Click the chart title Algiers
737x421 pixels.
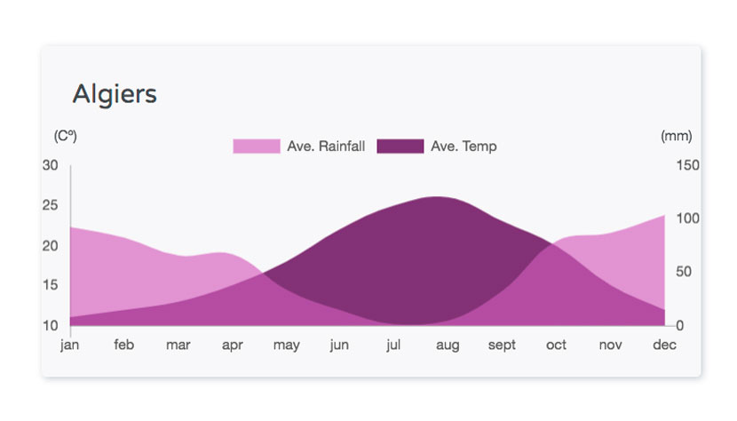point(115,94)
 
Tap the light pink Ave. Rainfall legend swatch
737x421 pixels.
point(257,147)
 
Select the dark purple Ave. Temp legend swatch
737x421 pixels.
point(400,147)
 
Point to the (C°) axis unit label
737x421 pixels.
point(66,136)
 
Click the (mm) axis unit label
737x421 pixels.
point(677,136)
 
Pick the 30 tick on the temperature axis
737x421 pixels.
point(51,165)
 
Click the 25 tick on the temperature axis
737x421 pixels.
point(51,205)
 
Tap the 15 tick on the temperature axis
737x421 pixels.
point(51,285)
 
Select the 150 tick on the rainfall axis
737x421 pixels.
point(687,165)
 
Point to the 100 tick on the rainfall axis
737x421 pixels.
point(687,218)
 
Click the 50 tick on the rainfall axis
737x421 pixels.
point(684,272)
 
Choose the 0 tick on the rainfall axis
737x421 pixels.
point(679,325)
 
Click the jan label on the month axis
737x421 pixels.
point(69,346)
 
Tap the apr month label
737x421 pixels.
point(232,346)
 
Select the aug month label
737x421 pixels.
point(448,346)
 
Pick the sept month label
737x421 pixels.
point(502,346)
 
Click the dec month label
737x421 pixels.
point(664,346)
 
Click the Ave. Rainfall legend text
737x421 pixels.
point(326,147)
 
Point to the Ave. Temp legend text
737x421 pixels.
point(464,147)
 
